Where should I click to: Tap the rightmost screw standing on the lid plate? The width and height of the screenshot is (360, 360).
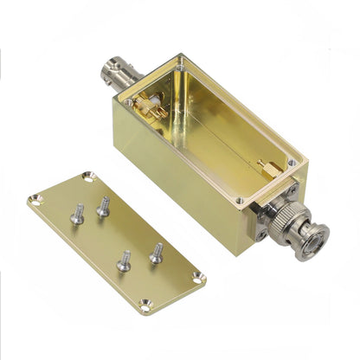157,253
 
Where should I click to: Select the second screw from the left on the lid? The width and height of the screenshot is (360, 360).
103,206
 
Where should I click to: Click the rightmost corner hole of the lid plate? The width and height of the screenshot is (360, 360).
198,277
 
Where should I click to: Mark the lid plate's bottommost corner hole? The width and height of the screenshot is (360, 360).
145,303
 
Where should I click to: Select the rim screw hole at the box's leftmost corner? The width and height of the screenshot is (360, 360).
128,101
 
